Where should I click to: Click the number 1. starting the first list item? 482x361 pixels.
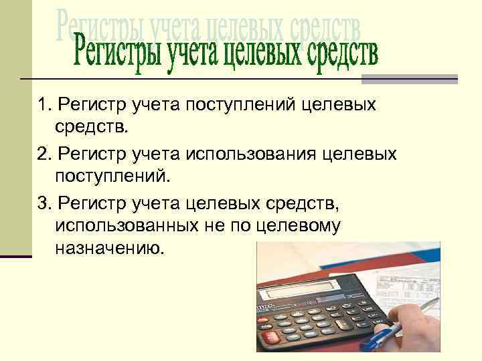pos(45,106)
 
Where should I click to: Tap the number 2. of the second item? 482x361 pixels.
pos(46,154)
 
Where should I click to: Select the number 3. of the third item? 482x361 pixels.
pos(46,203)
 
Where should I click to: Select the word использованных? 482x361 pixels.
pos(125,226)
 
